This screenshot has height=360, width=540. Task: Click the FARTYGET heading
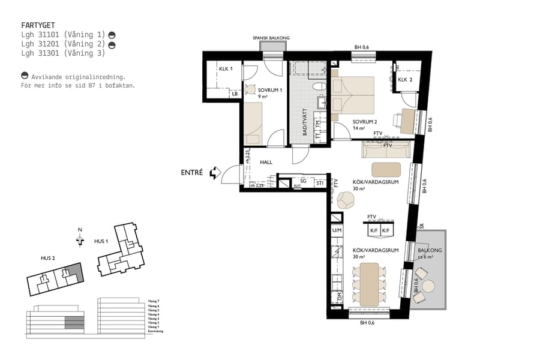click(38, 26)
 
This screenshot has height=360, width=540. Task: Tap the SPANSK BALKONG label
click(271, 38)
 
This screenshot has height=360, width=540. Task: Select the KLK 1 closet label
click(226, 69)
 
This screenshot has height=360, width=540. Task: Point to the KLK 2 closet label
click(406, 79)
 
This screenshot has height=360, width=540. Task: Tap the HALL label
click(266, 162)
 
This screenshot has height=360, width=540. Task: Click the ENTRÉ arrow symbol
click(214, 173)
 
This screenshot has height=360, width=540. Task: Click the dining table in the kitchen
click(369, 283)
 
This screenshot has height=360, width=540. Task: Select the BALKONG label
click(428, 251)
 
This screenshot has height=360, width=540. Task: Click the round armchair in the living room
click(346, 200)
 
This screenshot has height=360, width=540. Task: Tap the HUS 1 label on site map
click(101, 241)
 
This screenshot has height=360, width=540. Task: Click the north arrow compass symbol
click(80, 239)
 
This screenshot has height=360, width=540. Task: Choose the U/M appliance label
click(337, 230)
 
